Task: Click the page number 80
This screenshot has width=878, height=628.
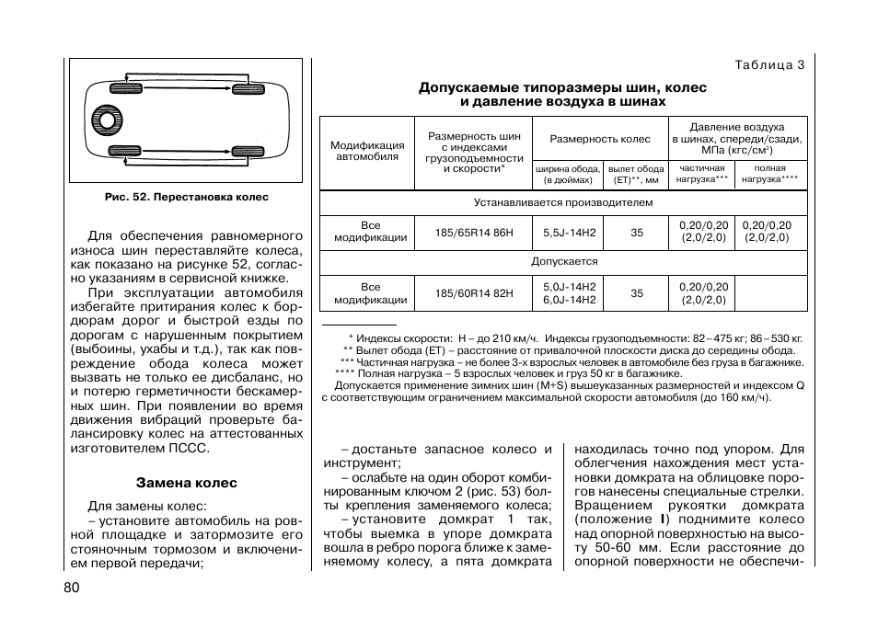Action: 73,588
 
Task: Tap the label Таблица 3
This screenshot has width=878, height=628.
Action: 770,64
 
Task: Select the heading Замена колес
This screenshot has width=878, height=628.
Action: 187,482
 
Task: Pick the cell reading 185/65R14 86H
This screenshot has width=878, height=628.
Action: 474,233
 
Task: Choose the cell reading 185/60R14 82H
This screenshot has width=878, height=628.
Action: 474,294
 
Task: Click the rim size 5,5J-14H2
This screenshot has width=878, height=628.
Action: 569,233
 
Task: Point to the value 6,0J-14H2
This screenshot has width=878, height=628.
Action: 569,301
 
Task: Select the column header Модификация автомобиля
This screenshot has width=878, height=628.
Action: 367,152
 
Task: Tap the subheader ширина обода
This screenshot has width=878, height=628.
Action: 569,169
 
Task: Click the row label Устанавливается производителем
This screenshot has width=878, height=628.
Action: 563,202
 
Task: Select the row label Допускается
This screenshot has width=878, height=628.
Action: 563,262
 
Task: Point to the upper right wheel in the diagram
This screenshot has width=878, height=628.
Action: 248,89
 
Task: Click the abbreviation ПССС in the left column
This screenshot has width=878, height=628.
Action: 189,449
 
